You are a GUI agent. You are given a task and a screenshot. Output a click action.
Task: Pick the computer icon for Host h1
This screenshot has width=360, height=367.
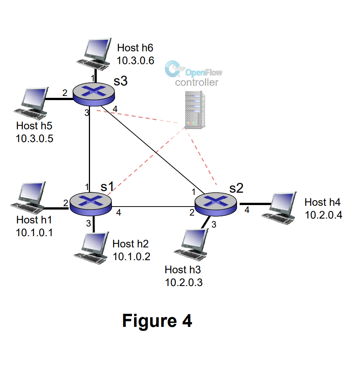(x=30, y=196)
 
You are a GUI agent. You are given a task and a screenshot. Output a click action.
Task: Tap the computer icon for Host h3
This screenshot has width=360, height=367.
(x=193, y=242)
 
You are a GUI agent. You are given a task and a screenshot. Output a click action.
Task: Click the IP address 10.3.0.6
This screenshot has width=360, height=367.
(x=135, y=60)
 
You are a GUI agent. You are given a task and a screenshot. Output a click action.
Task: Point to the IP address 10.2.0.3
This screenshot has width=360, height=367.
(x=184, y=282)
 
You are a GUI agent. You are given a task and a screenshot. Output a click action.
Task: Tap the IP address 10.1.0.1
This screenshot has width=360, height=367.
(x=34, y=232)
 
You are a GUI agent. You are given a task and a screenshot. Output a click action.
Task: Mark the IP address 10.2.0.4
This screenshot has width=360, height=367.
(x=323, y=215)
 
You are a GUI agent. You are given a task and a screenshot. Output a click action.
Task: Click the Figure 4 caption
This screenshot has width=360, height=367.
(x=157, y=321)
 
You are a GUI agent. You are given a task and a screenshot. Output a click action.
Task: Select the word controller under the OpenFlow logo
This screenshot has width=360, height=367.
(x=196, y=82)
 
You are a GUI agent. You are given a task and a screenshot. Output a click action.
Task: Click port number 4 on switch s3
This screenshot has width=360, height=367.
(x=115, y=109)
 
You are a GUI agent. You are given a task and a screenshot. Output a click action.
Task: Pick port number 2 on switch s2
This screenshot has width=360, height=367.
(x=192, y=213)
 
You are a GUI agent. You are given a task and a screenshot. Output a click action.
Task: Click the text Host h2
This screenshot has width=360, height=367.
(x=130, y=244)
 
